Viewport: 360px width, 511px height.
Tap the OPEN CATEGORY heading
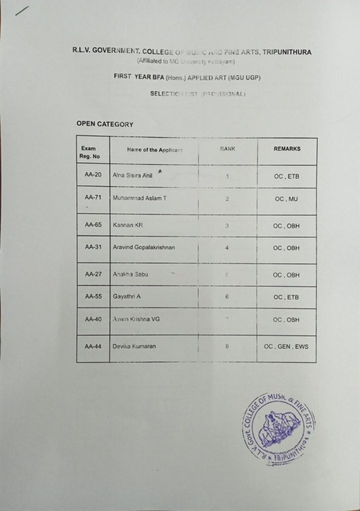click(x=104, y=124)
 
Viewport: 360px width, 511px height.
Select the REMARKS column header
click(x=287, y=149)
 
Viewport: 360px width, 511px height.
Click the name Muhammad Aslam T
click(x=140, y=199)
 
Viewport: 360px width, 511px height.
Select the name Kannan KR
click(x=128, y=226)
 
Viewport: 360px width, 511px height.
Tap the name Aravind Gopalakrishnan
click(x=144, y=248)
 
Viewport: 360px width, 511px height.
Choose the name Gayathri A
click(x=127, y=297)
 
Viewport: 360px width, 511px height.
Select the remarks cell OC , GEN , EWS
click(x=287, y=346)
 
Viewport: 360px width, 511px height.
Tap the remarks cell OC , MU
click(x=287, y=199)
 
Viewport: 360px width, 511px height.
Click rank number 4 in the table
click(x=227, y=248)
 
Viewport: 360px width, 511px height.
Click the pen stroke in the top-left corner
click(x=22, y=10)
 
